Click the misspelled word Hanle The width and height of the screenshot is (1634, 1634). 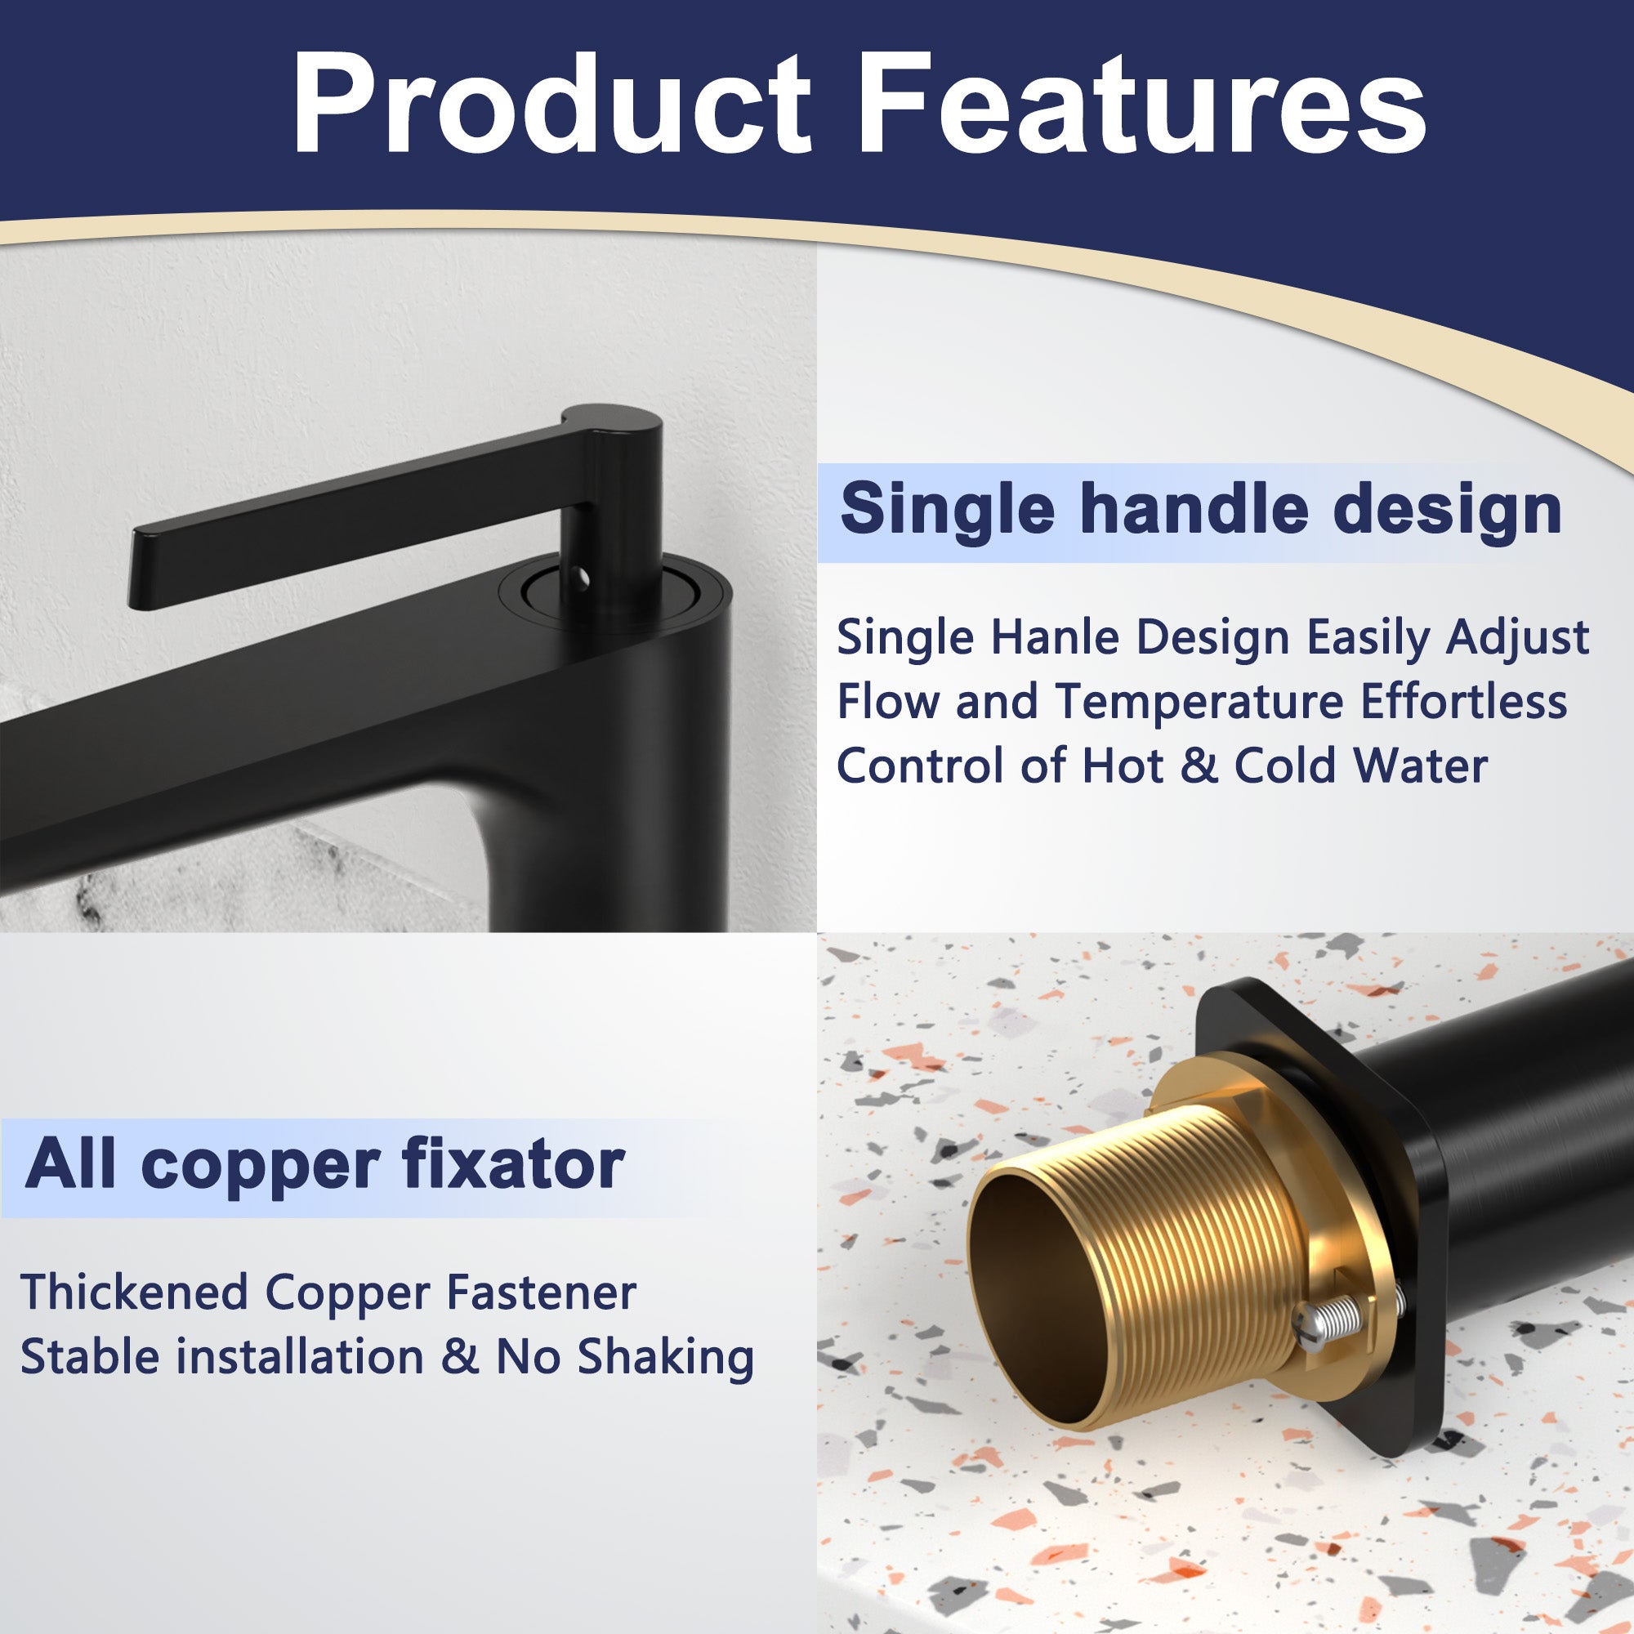tap(1055, 637)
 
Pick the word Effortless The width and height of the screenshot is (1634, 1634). tap(1464, 701)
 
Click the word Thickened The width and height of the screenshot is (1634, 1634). tap(134, 1293)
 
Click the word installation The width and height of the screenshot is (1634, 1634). tap(306, 1357)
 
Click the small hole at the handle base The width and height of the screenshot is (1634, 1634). tap(580, 578)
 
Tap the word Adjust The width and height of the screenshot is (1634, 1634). tap(1517, 639)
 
